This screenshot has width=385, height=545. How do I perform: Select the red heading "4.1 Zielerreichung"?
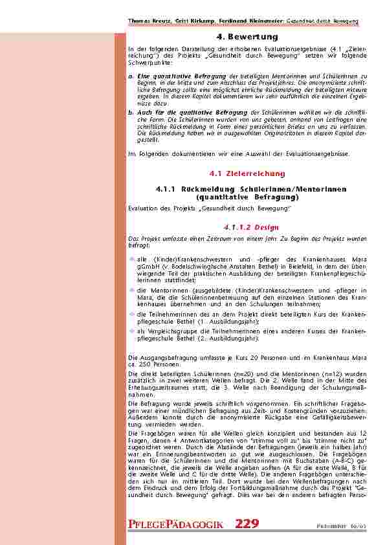(x=247, y=174)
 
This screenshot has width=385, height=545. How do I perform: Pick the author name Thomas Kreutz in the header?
(x=148, y=21)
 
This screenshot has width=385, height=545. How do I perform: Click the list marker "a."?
(x=132, y=76)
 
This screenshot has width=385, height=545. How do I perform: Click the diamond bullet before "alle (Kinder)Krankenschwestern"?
(x=133, y=259)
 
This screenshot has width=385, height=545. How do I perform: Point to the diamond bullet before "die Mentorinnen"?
(x=133, y=291)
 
